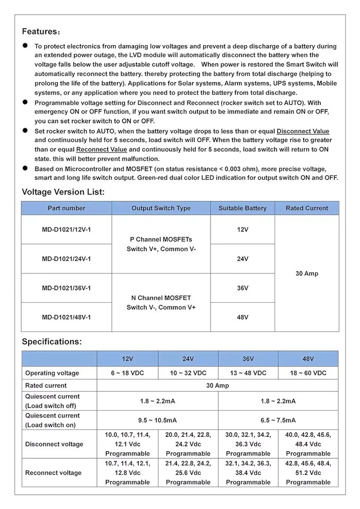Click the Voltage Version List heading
[63, 192]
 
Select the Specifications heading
[51, 341]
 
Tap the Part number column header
[66, 208]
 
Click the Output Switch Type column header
[161, 208]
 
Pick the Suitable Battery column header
[242, 208]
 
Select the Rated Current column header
[306, 208]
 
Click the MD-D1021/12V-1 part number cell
[66, 229]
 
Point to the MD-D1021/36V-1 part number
[66, 288]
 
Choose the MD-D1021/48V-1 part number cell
[66, 317]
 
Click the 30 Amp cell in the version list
[306, 274]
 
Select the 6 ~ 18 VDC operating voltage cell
[127, 373]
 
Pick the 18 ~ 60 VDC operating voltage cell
[308, 373]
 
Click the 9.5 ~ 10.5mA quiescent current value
[157, 420]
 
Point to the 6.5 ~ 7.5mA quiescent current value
[278, 420]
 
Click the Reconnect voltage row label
[54, 473]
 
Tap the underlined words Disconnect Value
[303, 131]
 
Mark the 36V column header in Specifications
[248, 359]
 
